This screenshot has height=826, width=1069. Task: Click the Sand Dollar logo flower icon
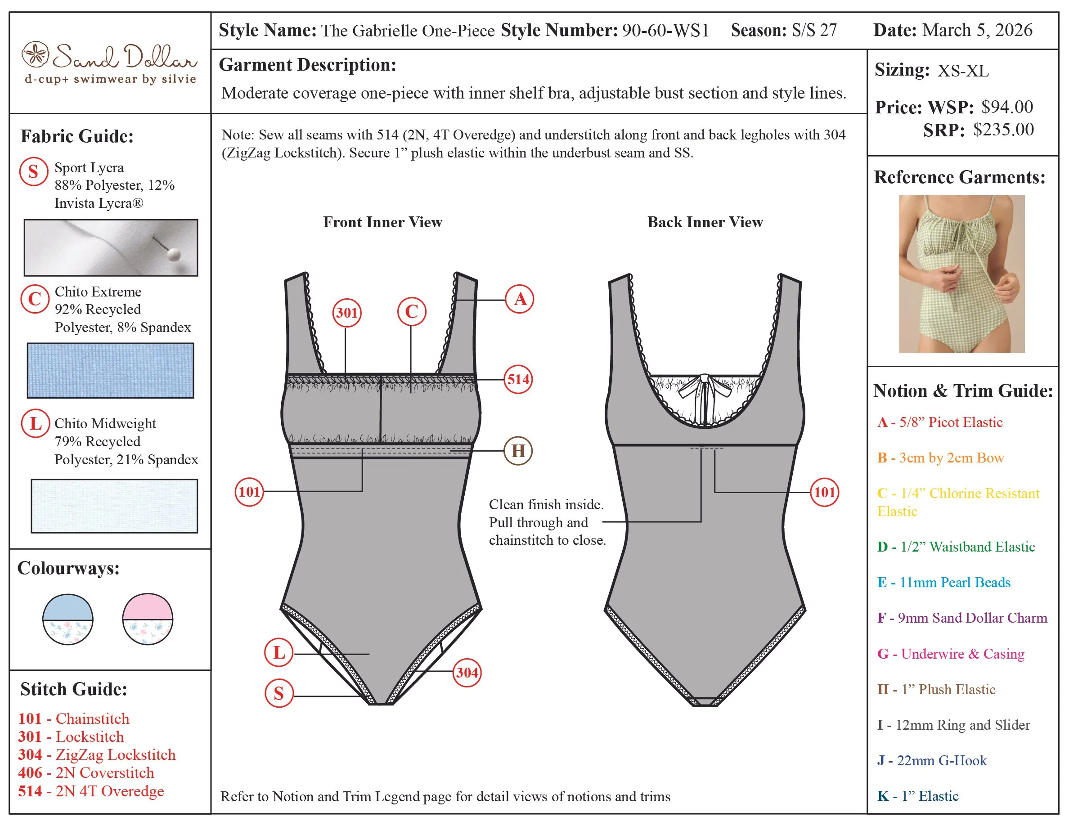tap(35, 54)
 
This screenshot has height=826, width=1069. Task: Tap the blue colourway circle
tap(67, 619)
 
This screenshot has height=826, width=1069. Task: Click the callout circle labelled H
tap(518, 451)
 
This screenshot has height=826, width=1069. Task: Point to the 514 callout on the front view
tap(518, 379)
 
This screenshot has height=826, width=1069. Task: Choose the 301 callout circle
tap(346, 313)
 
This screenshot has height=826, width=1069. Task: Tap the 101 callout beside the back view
tap(824, 492)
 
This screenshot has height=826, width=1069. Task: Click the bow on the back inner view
tap(703, 386)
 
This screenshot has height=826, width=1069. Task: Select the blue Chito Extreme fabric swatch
tap(111, 370)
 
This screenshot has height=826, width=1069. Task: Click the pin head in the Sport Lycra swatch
tap(173, 254)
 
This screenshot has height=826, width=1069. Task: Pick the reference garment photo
tap(961, 274)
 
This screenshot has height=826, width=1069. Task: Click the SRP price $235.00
tap(1003, 130)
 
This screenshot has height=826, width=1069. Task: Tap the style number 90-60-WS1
tap(665, 30)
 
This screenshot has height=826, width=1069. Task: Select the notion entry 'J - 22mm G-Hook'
tap(932, 760)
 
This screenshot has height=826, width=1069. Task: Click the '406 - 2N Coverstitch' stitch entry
tap(86, 772)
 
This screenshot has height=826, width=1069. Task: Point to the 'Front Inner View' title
tap(382, 222)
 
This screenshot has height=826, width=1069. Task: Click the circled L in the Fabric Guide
tap(35, 423)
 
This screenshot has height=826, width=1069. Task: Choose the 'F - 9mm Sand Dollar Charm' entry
tap(962, 618)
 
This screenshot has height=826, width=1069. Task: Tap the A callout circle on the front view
tap(520, 299)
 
